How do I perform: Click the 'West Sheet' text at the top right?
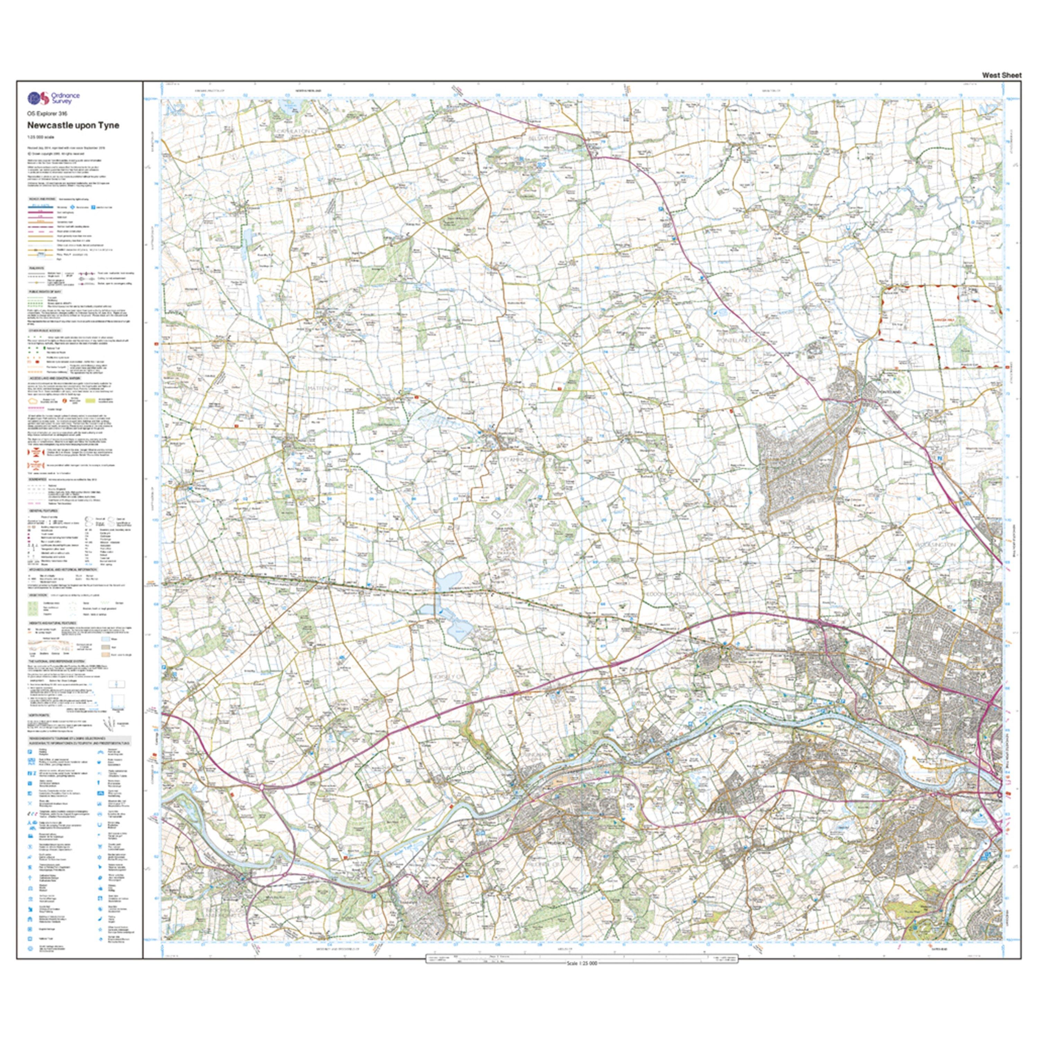point(1001,75)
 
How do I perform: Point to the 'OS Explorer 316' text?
point(48,114)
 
